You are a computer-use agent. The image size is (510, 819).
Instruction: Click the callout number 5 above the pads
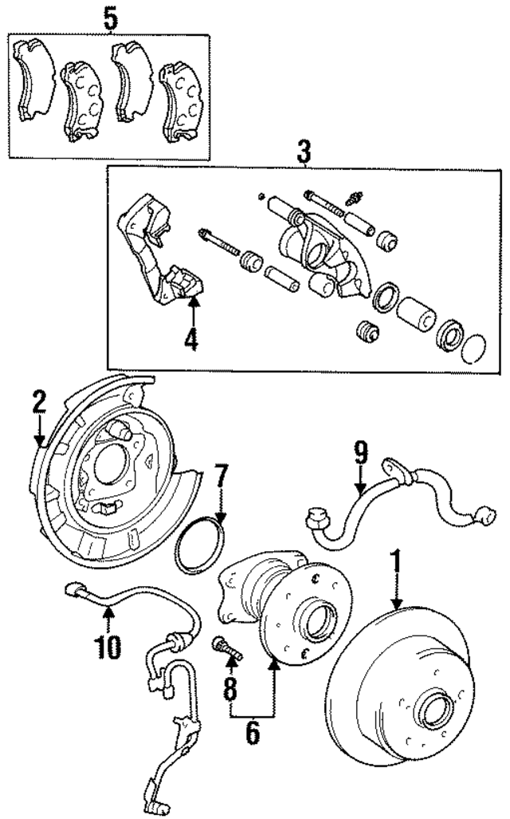[x=110, y=18]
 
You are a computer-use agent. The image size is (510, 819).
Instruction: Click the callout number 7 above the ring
[x=220, y=482]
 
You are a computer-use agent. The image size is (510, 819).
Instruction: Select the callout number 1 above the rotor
[x=394, y=563]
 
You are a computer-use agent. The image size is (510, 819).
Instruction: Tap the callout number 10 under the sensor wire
[x=109, y=645]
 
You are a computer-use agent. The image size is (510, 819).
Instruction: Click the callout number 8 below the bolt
[x=230, y=687]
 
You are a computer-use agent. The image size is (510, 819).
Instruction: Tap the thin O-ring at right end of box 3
[x=473, y=348]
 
